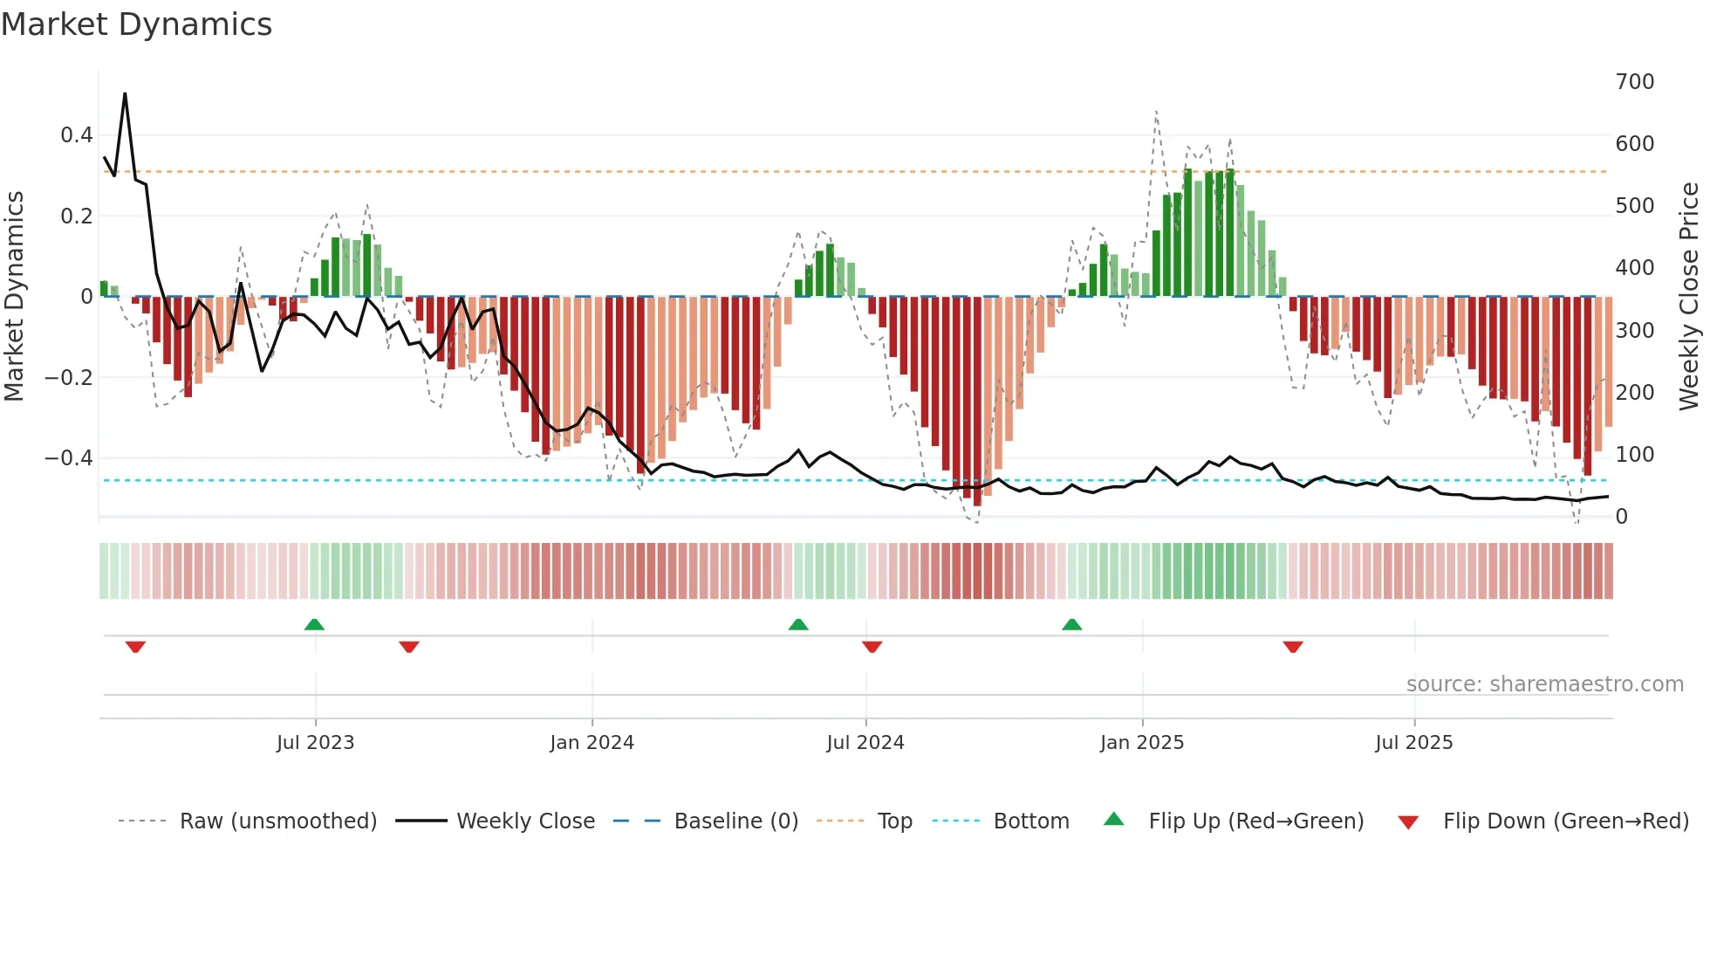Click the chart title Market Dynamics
click(x=137, y=24)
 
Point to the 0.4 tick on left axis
click(x=76, y=135)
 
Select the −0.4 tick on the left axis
click(x=69, y=458)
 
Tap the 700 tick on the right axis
click(x=1634, y=82)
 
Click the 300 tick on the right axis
click(x=1634, y=331)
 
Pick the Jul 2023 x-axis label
click(x=315, y=743)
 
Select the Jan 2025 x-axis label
click(x=1141, y=743)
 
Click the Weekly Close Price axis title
click(x=1689, y=297)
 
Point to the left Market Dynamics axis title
click(x=14, y=297)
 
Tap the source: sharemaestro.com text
click(x=1544, y=684)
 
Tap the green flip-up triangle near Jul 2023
click(x=314, y=624)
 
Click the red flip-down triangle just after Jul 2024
click(x=872, y=647)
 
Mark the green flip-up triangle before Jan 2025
click(x=1071, y=624)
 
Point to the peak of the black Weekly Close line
click(x=125, y=93)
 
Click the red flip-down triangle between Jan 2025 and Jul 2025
click(x=1293, y=647)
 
